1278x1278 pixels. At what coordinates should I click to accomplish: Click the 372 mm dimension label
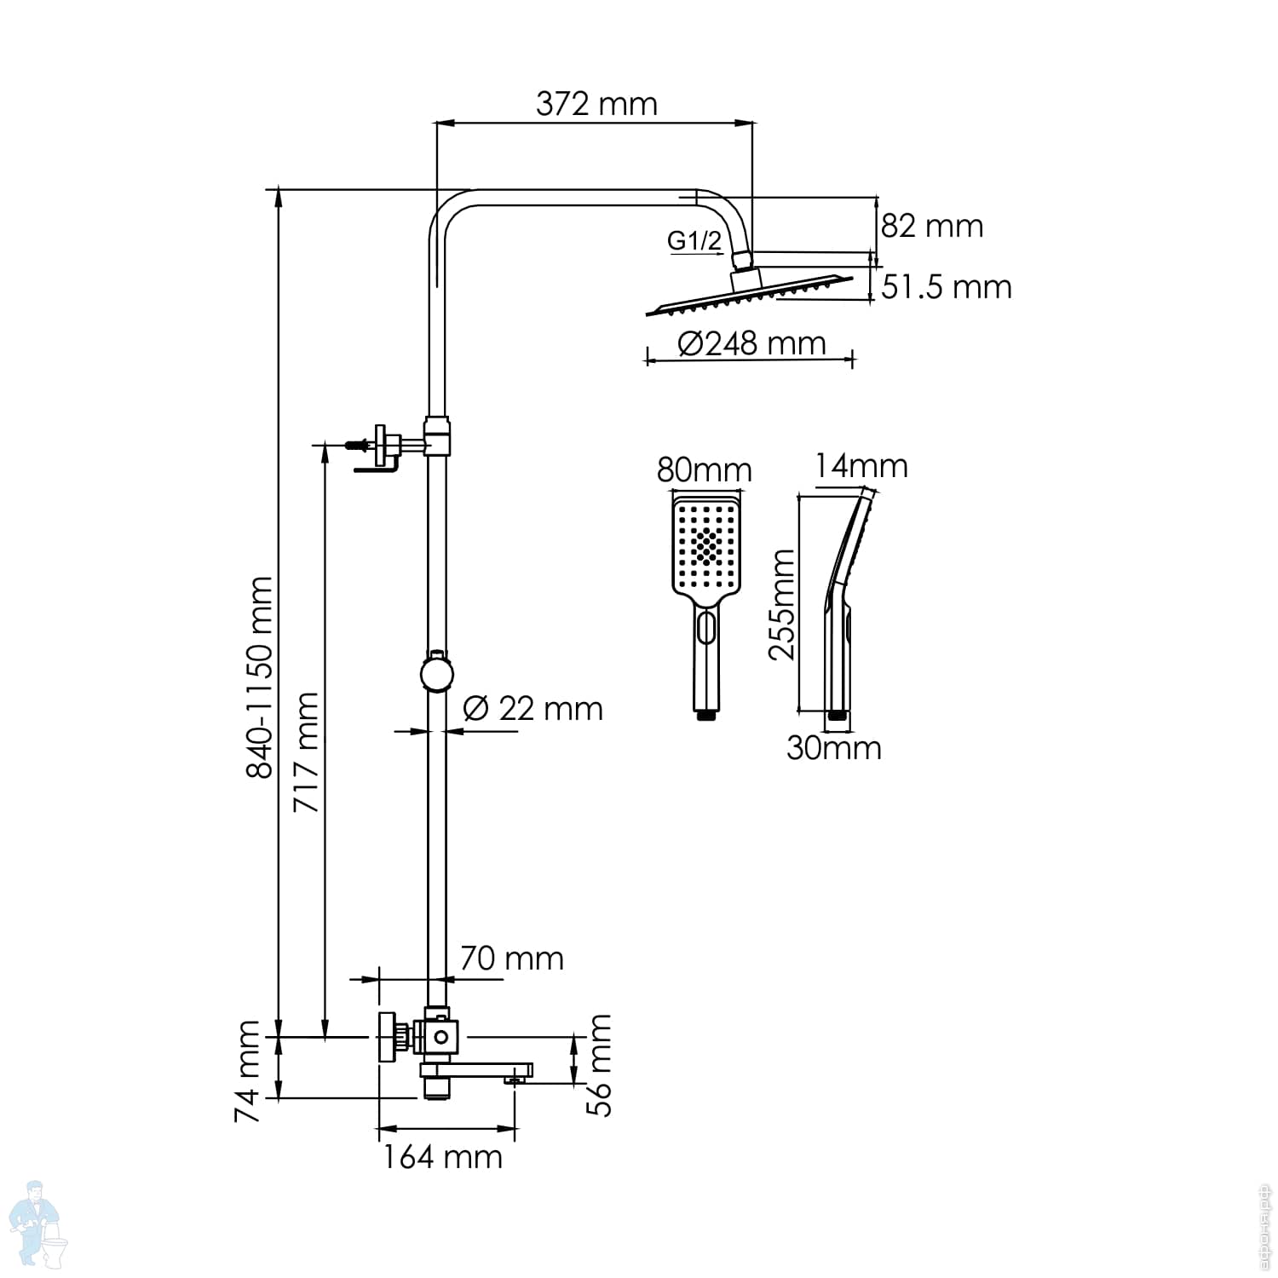(596, 104)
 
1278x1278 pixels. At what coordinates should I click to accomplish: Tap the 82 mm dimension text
(931, 226)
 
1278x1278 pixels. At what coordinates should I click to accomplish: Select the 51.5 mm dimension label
(946, 287)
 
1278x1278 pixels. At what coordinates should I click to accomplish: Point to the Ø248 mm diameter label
(751, 343)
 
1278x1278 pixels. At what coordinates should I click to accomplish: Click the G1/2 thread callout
(694, 240)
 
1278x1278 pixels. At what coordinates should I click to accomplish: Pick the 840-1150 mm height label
(260, 677)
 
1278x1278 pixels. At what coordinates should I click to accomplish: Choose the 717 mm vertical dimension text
(306, 752)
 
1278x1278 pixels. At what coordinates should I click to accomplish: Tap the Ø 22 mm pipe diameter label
(532, 709)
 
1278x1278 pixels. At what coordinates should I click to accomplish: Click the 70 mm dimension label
(511, 958)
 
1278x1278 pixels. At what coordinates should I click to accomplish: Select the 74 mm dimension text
(248, 1071)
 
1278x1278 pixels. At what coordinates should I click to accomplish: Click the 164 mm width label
(442, 1157)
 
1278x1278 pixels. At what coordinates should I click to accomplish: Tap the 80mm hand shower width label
(704, 469)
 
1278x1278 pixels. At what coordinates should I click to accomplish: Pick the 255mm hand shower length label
(781, 604)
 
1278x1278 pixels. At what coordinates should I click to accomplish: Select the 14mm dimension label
(861, 466)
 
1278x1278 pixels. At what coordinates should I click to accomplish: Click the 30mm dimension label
(833, 748)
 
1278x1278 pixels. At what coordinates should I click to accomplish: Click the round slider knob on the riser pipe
(438, 674)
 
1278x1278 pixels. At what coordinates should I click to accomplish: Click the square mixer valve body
(440, 1037)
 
